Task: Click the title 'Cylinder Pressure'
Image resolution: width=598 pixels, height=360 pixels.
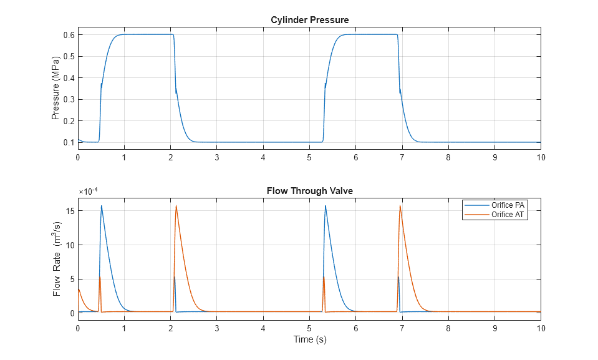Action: coord(309,20)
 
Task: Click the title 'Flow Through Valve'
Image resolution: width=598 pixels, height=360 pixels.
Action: coord(309,191)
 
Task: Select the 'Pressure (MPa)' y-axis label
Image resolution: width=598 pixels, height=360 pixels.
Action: coord(55,88)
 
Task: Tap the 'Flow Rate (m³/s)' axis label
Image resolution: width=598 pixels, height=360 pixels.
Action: coord(57,260)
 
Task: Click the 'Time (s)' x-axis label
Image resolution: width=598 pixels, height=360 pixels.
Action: coord(309,339)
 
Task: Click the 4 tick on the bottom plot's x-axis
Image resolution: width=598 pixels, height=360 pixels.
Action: coord(263,328)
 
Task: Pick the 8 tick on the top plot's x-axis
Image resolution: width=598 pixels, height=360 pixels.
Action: coord(448,157)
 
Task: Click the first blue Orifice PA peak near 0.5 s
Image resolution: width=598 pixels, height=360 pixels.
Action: coord(101,206)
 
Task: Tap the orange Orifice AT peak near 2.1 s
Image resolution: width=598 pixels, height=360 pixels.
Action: coord(176,206)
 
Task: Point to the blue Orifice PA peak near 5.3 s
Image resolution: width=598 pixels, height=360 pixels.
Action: coord(325,206)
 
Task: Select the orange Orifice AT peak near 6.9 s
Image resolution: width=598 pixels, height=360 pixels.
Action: coord(400,206)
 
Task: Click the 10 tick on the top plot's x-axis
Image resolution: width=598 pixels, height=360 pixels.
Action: coord(541,157)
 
